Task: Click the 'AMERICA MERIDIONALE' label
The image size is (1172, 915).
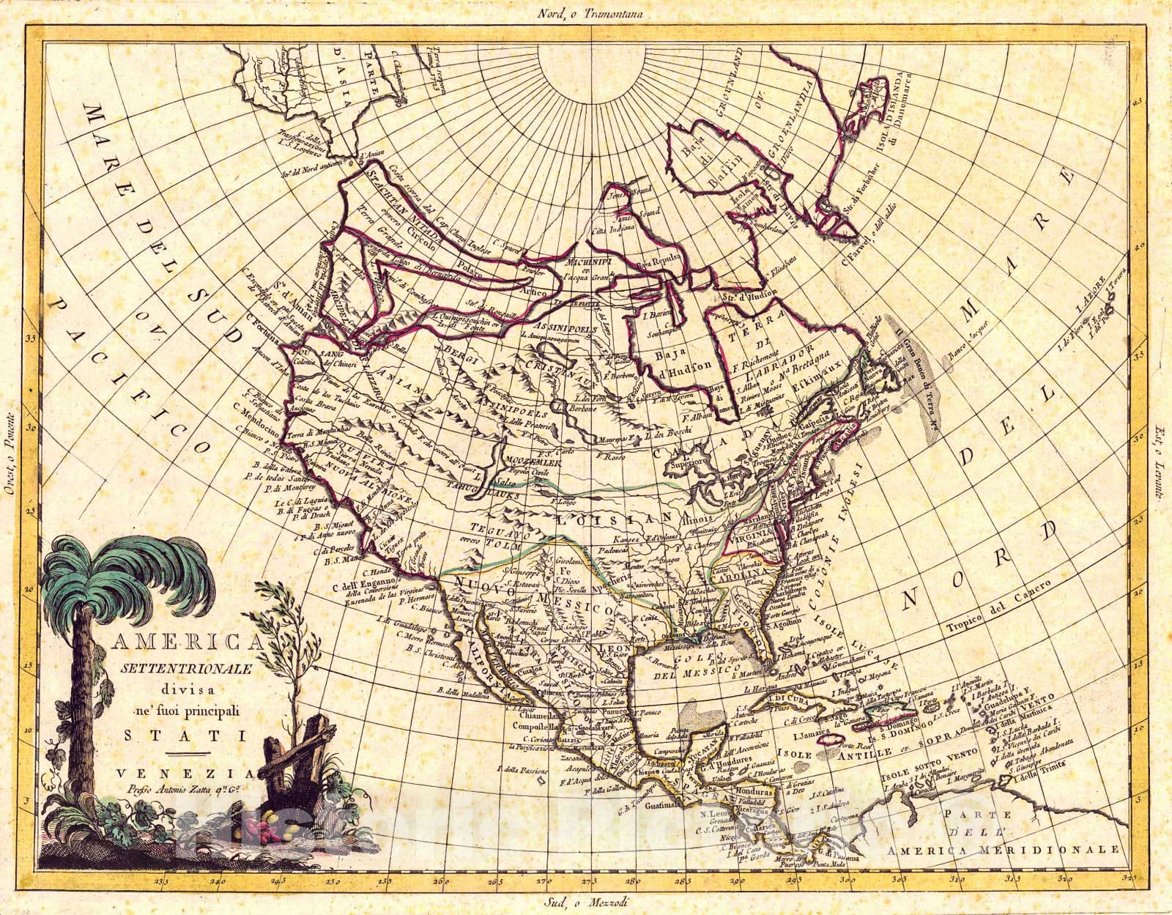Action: (1004, 850)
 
